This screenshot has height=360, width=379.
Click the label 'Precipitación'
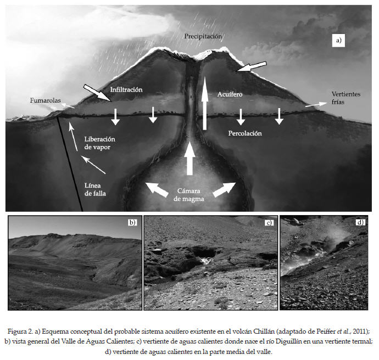pos(203,36)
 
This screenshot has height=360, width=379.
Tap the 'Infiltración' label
pos(126,89)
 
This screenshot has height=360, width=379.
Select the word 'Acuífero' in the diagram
pos(230,94)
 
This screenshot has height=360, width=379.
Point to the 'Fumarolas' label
pos(45,100)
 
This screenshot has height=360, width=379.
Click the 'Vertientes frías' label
pos(346,98)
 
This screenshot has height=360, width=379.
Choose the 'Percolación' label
pos(244,133)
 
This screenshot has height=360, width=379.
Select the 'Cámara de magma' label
pos(189,195)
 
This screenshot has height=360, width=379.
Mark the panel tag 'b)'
pos(132,222)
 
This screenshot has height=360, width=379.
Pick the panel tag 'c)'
pos(269,223)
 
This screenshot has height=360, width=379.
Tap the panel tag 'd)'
pos(360,222)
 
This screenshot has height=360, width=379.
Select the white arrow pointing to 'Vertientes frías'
pos(314,103)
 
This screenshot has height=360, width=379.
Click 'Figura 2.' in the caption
pos(22,331)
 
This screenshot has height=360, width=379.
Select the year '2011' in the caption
pos(359,331)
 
